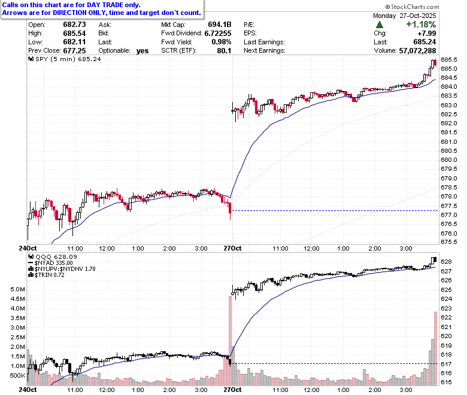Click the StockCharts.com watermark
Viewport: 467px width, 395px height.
click(412, 7)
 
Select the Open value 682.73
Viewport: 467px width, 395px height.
click(74, 25)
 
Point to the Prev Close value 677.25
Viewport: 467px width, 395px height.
click(74, 51)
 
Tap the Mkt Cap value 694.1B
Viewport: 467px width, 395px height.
click(220, 25)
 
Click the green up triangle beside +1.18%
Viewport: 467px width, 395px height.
click(380, 25)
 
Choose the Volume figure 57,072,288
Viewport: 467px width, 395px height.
click(417, 51)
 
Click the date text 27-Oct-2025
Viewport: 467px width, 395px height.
click(418, 16)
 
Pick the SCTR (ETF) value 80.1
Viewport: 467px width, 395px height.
click(225, 51)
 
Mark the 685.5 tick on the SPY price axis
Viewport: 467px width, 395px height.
click(449, 60)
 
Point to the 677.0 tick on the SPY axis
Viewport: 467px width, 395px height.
click(449, 215)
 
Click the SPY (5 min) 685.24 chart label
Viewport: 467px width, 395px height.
click(65, 59)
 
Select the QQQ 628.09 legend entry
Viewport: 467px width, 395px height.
click(53, 257)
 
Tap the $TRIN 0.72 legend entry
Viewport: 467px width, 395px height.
click(47, 275)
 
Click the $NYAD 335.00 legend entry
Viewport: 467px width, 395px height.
click(50, 263)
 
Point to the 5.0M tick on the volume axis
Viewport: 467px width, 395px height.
click(18, 290)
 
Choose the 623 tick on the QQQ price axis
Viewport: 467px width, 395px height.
click(446, 309)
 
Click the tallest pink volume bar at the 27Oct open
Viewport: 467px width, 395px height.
click(231, 340)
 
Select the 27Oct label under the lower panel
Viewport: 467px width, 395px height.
click(232, 390)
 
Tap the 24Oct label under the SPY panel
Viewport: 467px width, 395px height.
click(28, 248)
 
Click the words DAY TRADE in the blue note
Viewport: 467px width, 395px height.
click(105, 5)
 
